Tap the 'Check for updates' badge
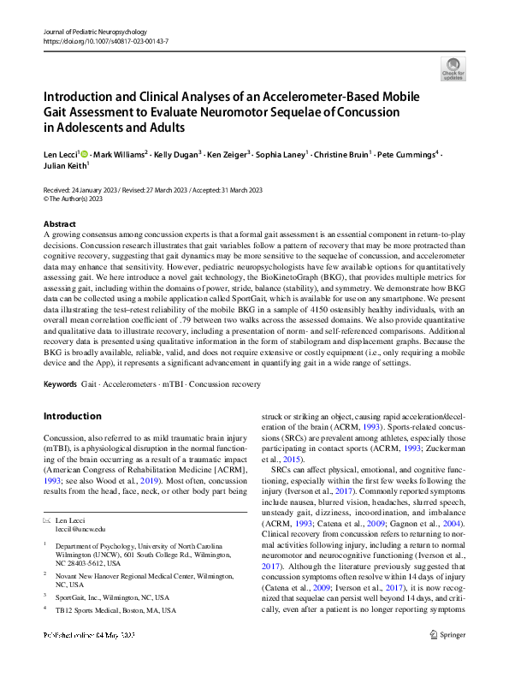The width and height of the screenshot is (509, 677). tap(453, 68)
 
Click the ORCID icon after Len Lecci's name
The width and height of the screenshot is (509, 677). tap(83, 153)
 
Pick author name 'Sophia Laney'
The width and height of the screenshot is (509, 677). tap(280, 154)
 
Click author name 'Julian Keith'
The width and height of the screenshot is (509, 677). tap(64, 167)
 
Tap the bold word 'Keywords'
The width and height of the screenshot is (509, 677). tap(59, 384)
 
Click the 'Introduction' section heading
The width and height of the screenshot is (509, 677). tap(72, 417)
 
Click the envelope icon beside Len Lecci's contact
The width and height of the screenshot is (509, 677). tap(46, 521)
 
